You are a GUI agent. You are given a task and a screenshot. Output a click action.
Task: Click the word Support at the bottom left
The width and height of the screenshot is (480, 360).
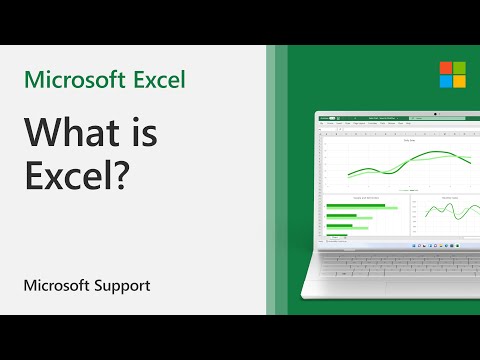pyautogui.click(x=120, y=285)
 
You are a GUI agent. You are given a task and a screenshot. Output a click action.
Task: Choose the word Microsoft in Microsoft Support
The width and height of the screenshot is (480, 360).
pyautogui.click(x=57, y=285)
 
